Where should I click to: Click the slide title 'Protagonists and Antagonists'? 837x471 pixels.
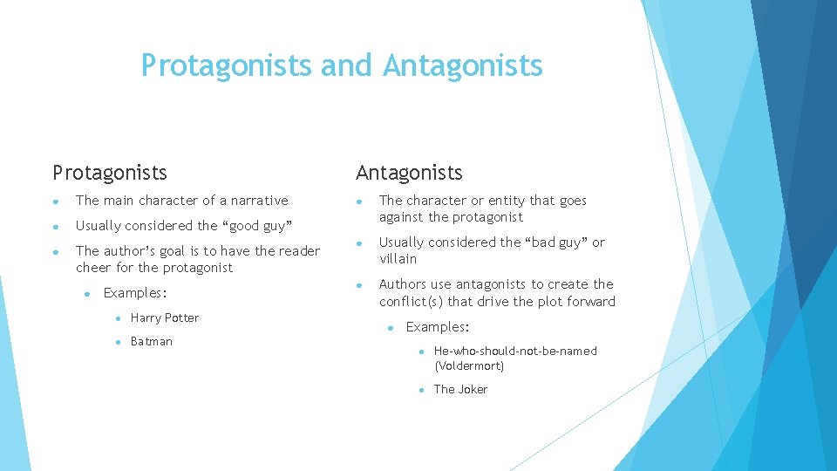(342, 65)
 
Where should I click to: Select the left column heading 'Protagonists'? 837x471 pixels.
(110, 173)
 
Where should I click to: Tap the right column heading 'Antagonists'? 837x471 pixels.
(408, 173)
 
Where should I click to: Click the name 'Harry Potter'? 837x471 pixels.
(165, 318)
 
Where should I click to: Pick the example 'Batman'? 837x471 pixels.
(152, 342)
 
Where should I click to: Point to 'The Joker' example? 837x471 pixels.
(460, 390)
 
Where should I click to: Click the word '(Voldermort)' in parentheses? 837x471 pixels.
(469, 366)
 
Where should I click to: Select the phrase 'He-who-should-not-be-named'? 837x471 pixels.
(515, 352)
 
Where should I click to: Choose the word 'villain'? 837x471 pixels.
(398, 259)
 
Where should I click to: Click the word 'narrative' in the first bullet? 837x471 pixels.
(259, 201)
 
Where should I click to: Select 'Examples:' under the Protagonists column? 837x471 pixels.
(134, 293)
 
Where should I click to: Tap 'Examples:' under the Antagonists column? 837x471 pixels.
(438, 327)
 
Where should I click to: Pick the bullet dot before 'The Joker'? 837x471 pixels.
(419, 390)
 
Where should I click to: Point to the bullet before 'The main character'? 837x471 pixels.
(56, 201)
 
